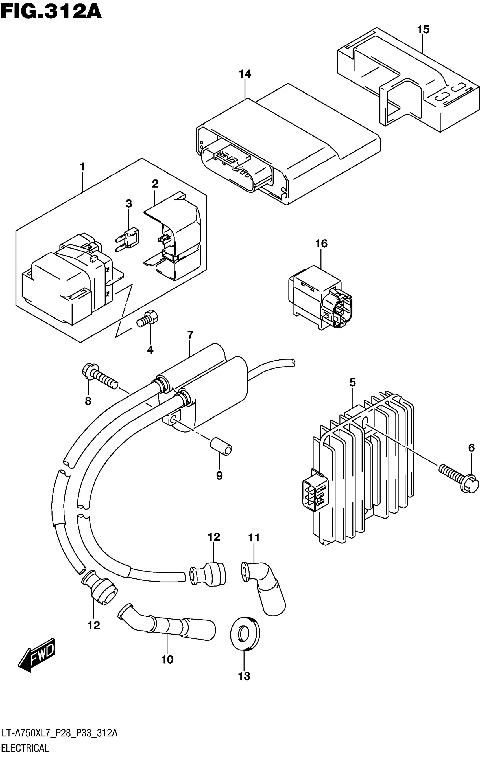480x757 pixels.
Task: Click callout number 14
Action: pos(245,74)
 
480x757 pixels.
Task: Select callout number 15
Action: pos(423,30)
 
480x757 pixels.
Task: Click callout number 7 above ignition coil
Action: pos(190,335)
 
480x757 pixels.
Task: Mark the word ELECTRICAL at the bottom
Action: pos(25,748)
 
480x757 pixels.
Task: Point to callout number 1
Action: pos(82,167)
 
